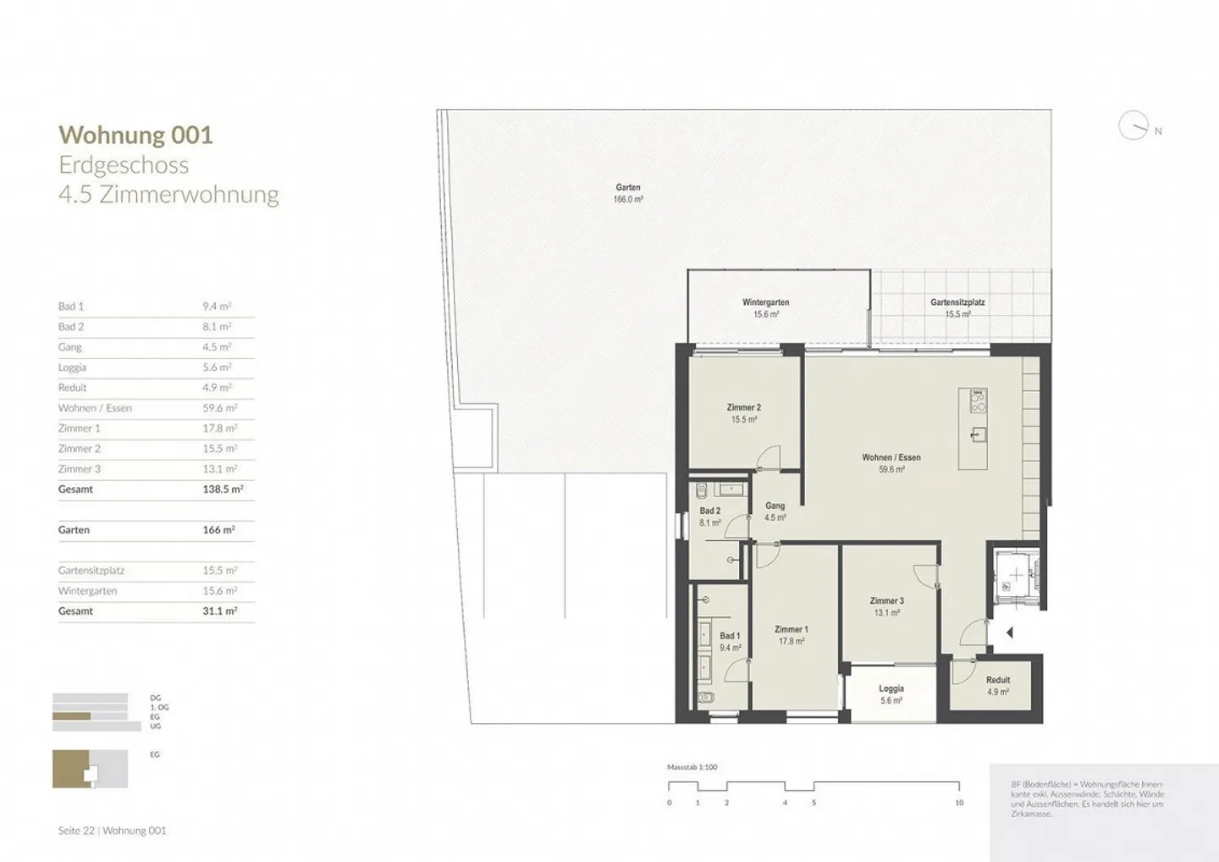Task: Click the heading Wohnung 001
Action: (135, 135)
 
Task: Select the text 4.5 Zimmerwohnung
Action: (168, 194)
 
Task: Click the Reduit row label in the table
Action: (73, 388)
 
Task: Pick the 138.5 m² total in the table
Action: (222, 489)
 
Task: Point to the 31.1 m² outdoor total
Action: (219, 611)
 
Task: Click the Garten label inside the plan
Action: (628, 188)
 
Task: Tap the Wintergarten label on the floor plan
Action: (765, 302)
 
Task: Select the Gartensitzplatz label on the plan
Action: (957, 302)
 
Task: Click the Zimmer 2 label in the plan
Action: (743, 407)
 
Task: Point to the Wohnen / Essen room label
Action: (891, 457)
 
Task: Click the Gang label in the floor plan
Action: (775, 506)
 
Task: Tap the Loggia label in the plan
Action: (891, 688)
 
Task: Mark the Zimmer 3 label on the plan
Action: (886, 601)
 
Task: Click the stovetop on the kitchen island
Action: (978, 401)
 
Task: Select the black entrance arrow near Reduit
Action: (1009, 633)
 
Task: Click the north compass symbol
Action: (1134, 126)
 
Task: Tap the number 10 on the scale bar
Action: (958, 803)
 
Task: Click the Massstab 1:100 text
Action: (692, 767)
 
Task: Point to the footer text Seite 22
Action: (76, 831)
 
